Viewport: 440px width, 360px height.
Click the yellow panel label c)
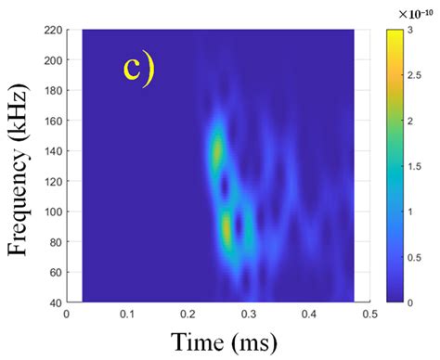138,69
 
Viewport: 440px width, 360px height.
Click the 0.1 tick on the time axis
126,315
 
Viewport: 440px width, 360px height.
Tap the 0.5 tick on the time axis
369,315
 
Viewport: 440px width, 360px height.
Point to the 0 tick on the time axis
66,315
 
